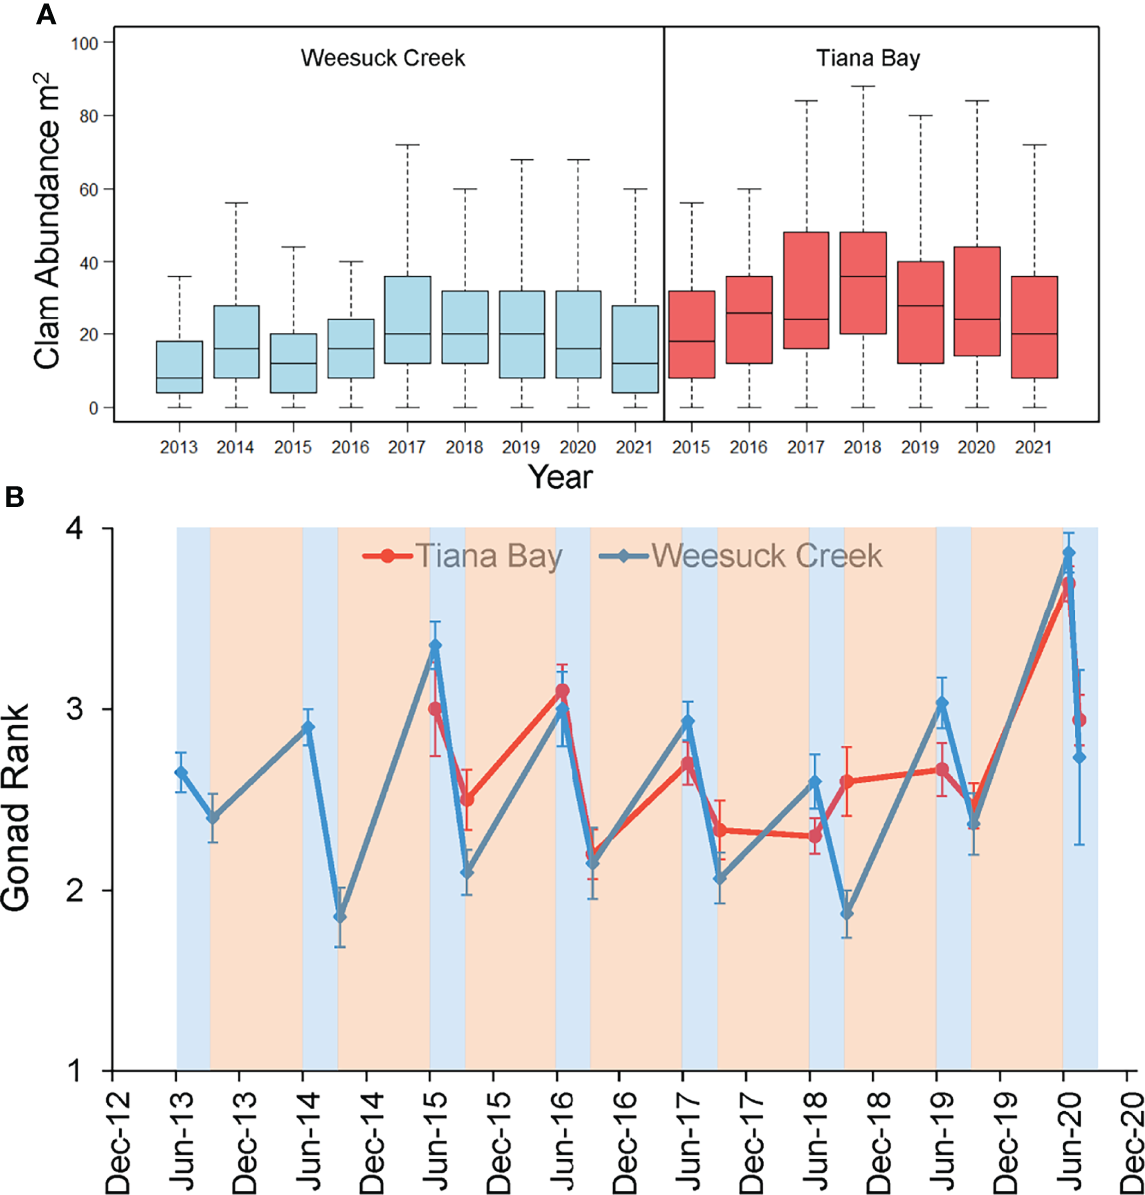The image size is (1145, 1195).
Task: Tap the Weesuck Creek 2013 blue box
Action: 186,367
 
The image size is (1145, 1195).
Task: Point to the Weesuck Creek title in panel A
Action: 383,59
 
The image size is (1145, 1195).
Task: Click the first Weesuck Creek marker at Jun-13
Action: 181,772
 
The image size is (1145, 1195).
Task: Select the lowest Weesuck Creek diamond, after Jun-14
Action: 340,916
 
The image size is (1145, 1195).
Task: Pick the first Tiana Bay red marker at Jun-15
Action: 435,708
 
